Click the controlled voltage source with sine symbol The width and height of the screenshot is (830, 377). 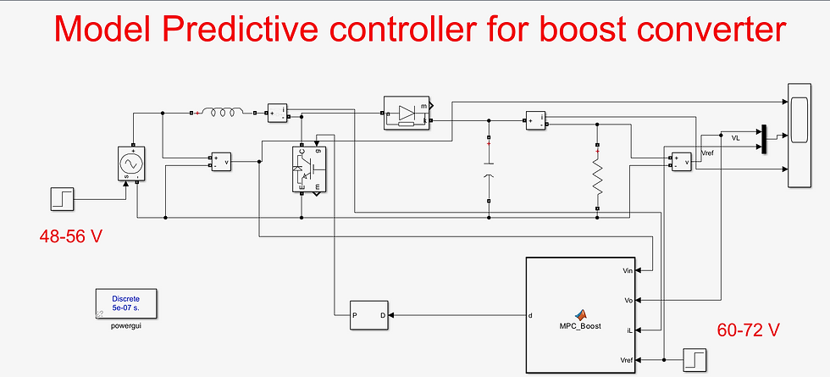pos(134,162)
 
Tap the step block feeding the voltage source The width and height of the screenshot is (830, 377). pos(63,200)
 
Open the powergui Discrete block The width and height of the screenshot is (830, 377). pos(130,304)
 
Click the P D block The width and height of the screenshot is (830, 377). pos(368,317)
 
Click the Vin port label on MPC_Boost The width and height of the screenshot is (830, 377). pos(628,271)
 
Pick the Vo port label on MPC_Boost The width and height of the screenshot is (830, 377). pos(629,301)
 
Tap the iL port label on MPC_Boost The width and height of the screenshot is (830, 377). pos(630,330)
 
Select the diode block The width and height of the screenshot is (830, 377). pos(407,114)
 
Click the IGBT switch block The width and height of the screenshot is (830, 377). pos(308,169)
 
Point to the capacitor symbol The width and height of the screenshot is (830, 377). pos(489,169)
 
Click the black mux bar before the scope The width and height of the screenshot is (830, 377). pos(764,141)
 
